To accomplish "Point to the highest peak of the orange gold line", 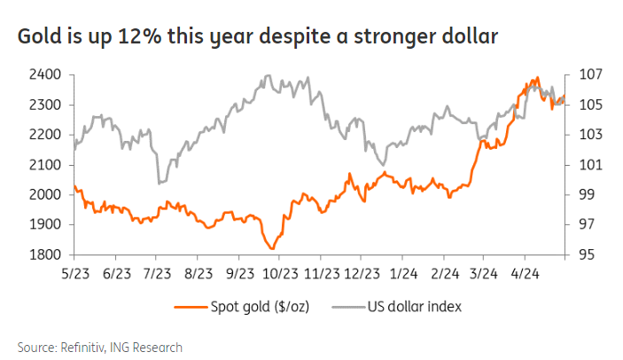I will [538, 78].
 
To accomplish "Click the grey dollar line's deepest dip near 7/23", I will [159, 183].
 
